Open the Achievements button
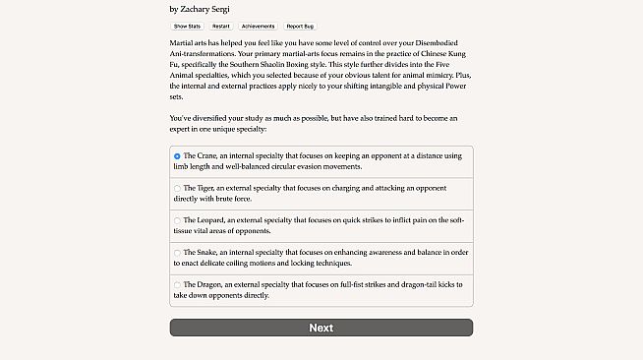[x=258, y=27]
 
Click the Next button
[x=321, y=328]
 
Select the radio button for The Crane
[x=177, y=155]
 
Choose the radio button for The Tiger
[x=177, y=188]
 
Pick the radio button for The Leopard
[x=177, y=220]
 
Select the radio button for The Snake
[x=177, y=253]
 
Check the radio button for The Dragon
[x=177, y=285]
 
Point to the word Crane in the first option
[x=208, y=155]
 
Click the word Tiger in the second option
[x=208, y=188]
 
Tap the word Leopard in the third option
[x=213, y=220]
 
